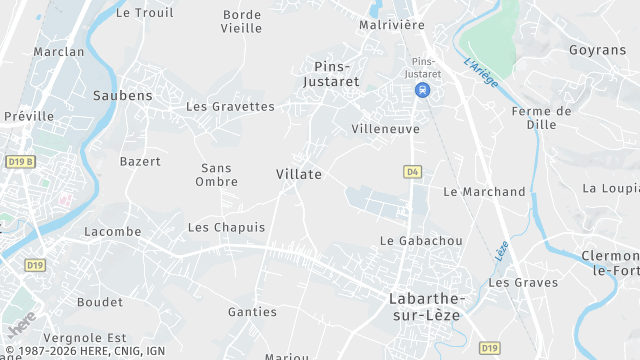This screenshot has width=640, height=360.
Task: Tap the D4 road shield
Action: tap(412, 172)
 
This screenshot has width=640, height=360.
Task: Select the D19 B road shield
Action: tap(20, 162)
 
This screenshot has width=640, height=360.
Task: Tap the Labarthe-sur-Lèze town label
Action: tap(427, 307)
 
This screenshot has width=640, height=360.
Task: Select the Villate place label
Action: tap(299, 174)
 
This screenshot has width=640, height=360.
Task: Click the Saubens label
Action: tap(122, 96)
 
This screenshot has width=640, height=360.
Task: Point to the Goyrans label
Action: tap(597, 50)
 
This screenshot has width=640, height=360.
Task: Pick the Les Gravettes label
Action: tap(230, 106)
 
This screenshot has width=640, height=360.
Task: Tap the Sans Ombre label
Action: tap(217, 175)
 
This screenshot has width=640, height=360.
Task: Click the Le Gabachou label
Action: tap(421, 241)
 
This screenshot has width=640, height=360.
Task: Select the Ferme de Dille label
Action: tap(541, 118)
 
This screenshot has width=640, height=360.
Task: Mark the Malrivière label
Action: tap(392, 25)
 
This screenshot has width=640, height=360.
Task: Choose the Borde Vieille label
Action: tap(242, 21)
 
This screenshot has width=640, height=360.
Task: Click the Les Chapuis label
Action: tap(227, 228)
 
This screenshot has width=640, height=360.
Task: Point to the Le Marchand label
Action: tap(484, 192)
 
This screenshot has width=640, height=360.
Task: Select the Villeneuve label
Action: tap(385, 129)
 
